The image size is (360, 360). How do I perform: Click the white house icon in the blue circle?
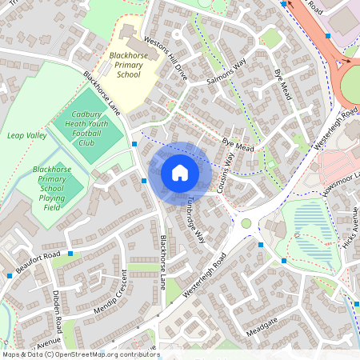pos(180,173)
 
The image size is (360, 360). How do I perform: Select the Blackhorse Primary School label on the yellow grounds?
pos(128,65)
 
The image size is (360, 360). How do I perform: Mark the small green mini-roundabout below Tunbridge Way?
pos(246,224)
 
